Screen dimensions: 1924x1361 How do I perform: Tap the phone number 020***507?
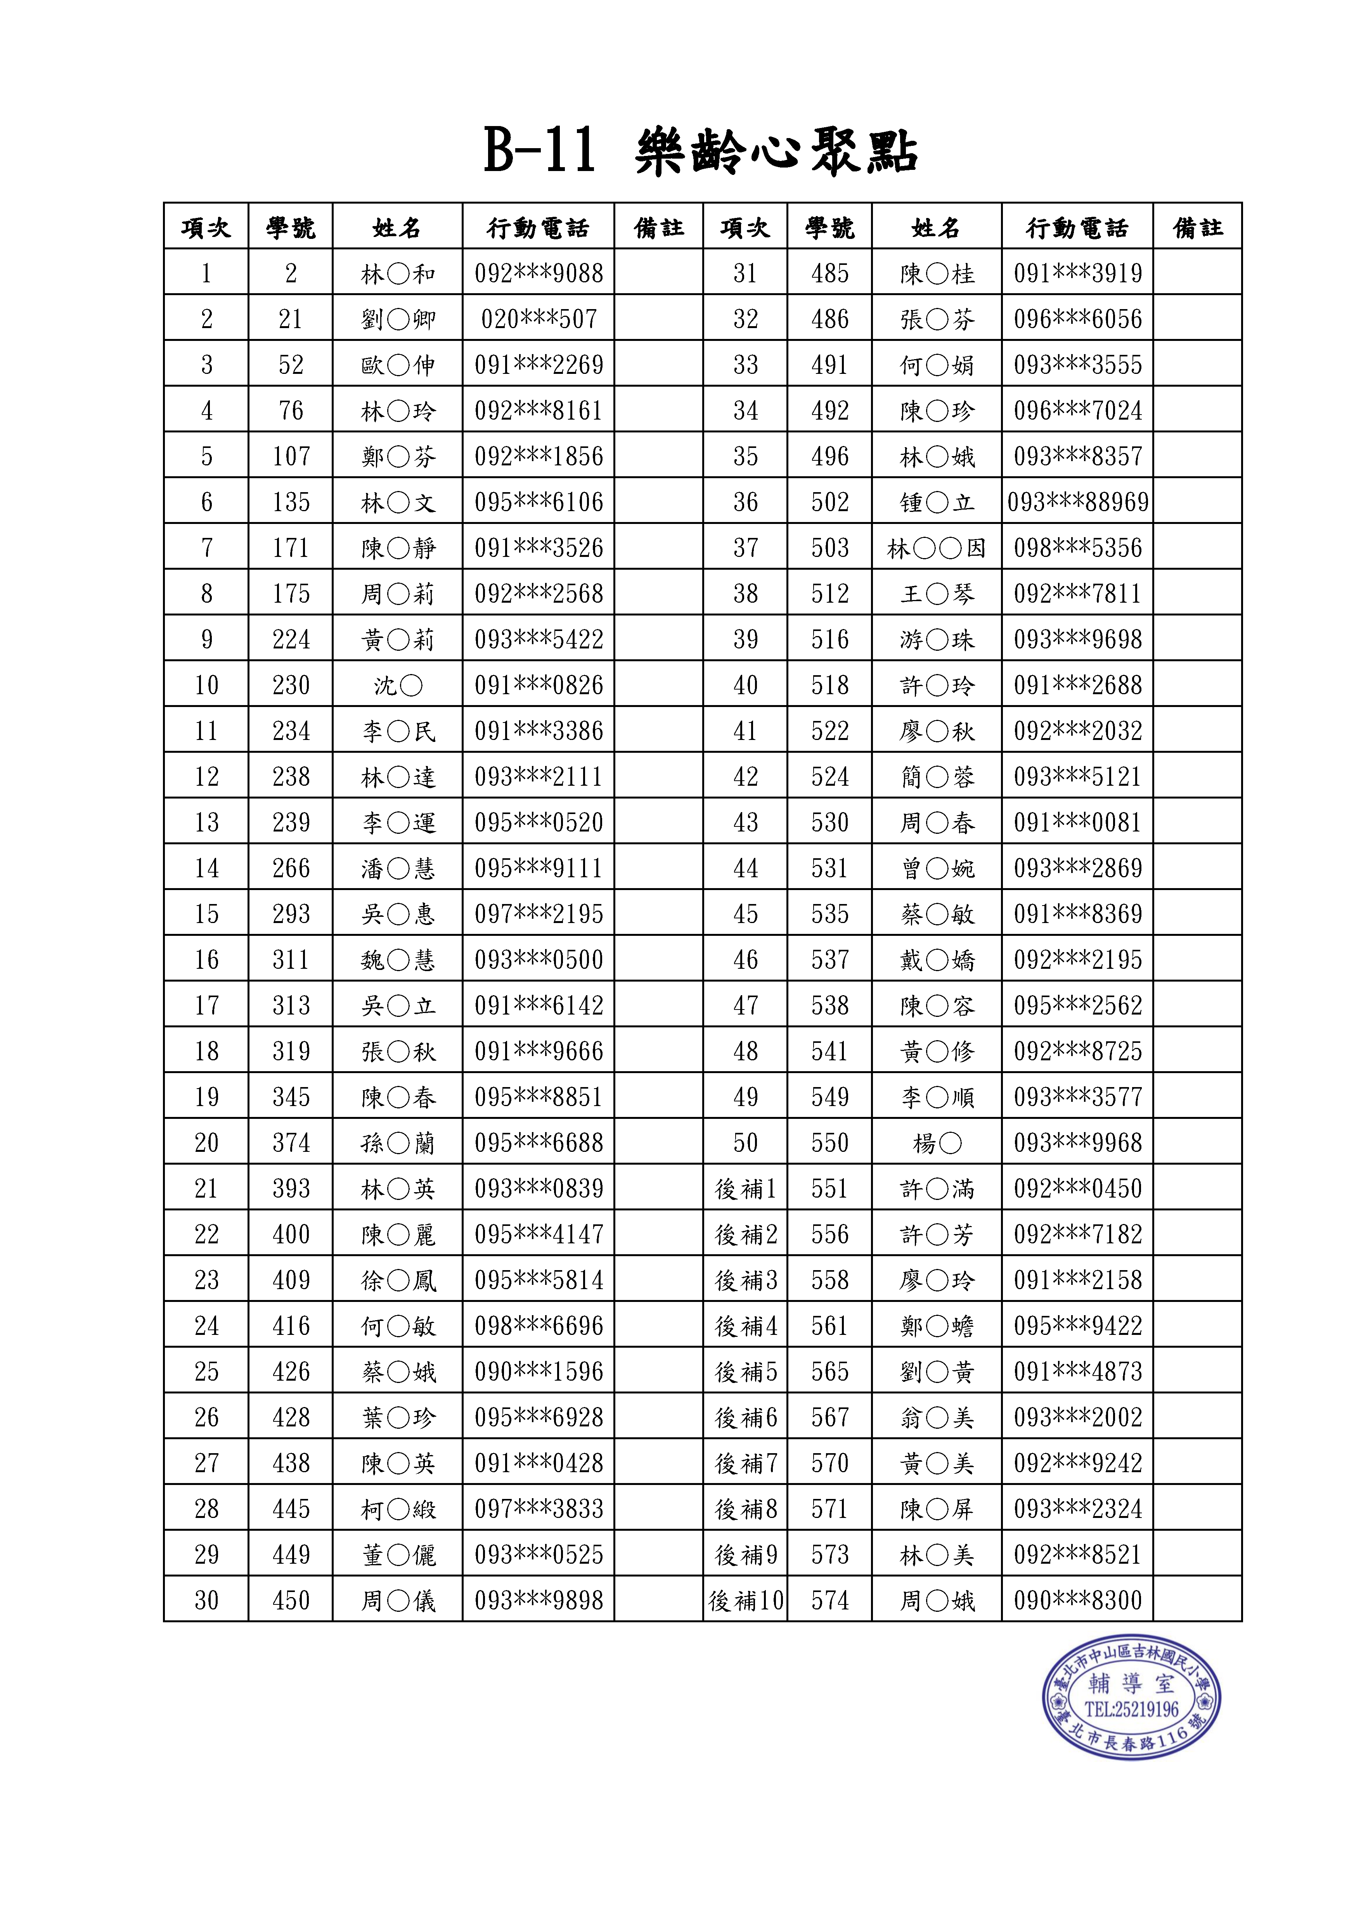pos(539,319)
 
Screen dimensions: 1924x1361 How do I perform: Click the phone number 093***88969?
pos(1078,502)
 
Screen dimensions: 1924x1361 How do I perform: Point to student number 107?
pos(291,457)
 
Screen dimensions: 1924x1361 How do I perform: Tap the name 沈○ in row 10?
pos(398,685)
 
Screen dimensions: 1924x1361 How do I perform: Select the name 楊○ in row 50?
pos(937,1143)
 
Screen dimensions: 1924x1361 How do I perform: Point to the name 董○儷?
pos(398,1555)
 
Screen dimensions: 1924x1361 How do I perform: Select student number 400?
pos(291,1234)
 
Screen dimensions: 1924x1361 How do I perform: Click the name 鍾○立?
pos(937,502)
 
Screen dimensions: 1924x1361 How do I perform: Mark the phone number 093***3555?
pos(1078,365)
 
